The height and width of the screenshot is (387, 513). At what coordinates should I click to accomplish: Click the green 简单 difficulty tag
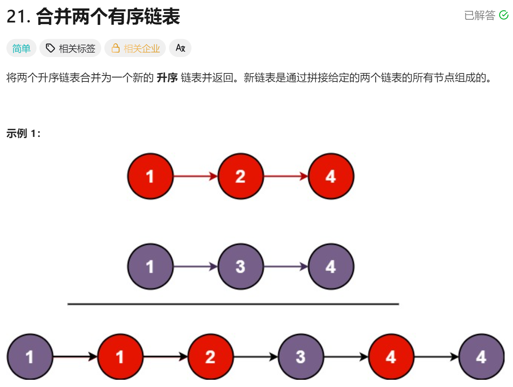click(21, 49)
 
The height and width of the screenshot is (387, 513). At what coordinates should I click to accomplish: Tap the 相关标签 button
click(70, 49)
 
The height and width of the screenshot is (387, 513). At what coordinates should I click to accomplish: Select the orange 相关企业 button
click(135, 49)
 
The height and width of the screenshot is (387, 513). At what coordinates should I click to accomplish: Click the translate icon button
click(180, 48)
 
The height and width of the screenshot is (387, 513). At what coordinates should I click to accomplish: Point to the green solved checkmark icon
click(503, 15)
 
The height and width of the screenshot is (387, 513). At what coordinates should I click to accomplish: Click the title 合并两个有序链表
click(108, 17)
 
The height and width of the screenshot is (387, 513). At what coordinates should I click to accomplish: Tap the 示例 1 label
click(23, 133)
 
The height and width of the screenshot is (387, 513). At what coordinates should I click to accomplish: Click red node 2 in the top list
click(240, 176)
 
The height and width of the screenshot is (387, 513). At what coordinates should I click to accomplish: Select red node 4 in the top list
click(331, 176)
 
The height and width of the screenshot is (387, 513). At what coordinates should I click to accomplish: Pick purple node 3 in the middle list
click(240, 267)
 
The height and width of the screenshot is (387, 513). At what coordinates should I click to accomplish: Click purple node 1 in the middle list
click(150, 267)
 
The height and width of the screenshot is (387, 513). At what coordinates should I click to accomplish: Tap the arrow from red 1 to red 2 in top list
click(195, 176)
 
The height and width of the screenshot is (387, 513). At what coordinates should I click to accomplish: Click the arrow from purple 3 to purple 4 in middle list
click(286, 267)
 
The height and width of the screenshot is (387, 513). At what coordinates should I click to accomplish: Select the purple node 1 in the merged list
click(30, 356)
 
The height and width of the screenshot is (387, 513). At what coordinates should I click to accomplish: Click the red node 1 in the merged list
click(120, 356)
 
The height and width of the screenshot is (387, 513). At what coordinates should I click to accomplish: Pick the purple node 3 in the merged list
click(301, 356)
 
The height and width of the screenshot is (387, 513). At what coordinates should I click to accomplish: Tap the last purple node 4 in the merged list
click(481, 356)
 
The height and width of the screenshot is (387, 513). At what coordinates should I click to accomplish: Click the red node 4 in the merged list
click(391, 356)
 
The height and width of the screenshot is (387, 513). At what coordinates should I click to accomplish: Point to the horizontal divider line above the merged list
click(233, 304)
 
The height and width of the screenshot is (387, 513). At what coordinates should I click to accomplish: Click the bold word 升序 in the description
click(167, 77)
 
